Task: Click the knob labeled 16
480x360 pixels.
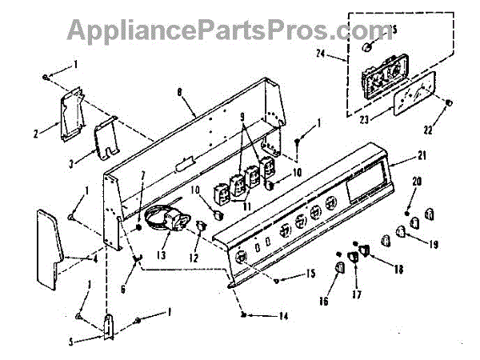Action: coord(340,265)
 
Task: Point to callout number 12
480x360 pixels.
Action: coord(192,258)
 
